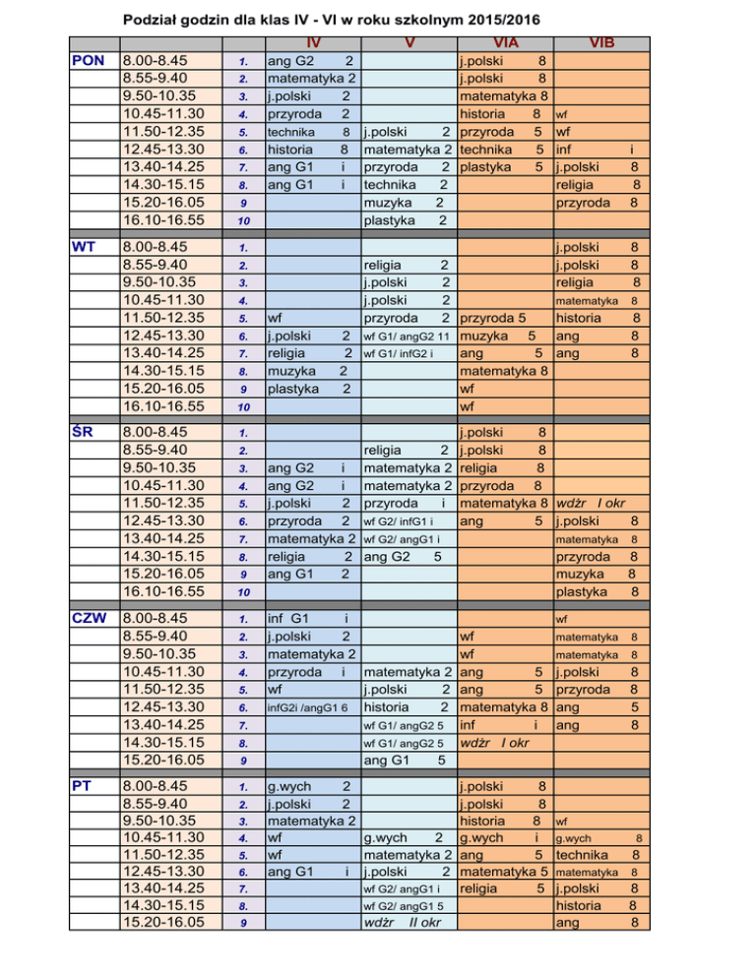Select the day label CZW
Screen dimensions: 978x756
click(x=90, y=619)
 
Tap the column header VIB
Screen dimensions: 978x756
click(x=601, y=42)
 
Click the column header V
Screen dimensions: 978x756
click(x=410, y=42)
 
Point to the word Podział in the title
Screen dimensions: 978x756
click(x=156, y=19)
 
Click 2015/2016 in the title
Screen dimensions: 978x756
click(x=500, y=19)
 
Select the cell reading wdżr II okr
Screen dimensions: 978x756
click(x=403, y=923)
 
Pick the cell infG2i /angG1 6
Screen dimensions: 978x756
click(x=308, y=707)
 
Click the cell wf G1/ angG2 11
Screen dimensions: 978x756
click(x=409, y=336)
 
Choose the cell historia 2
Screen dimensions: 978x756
click(x=407, y=707)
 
